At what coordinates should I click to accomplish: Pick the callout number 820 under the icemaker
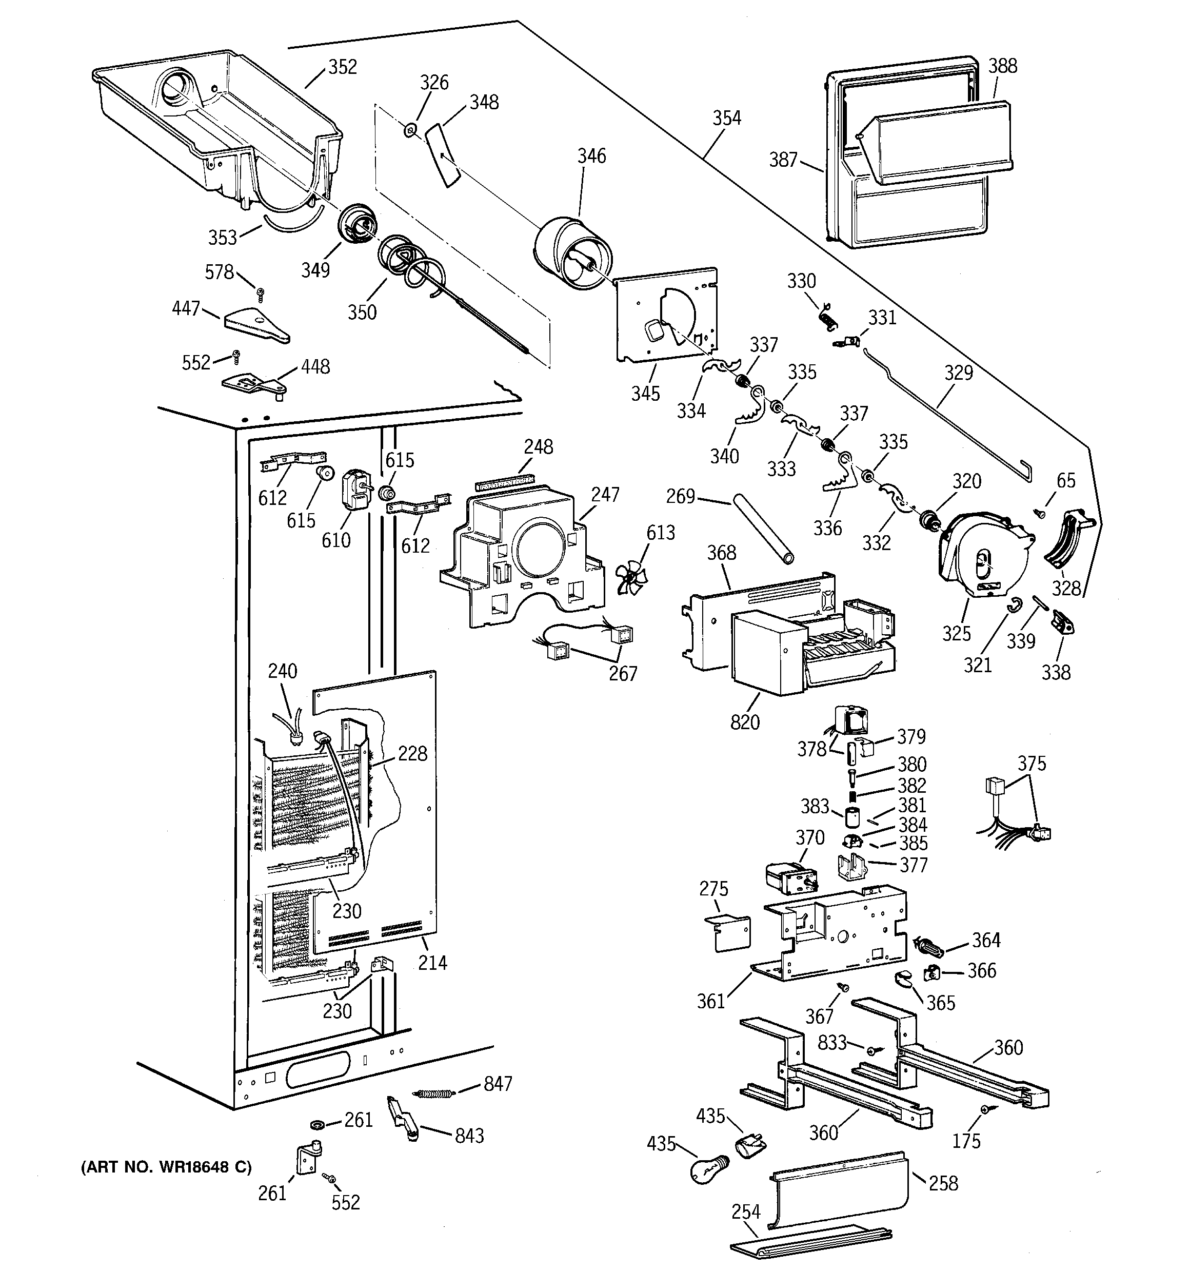[745, 722]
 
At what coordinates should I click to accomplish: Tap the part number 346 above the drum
[591, 156]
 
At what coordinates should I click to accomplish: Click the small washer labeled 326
[410, 131]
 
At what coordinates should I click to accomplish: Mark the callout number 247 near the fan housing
[605, 495]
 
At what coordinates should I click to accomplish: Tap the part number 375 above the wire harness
[1032, 764]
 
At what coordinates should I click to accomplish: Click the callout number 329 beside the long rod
[959, 373]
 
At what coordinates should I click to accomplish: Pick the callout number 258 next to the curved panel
[943, 1183]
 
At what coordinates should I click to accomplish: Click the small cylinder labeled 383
[851, 817]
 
